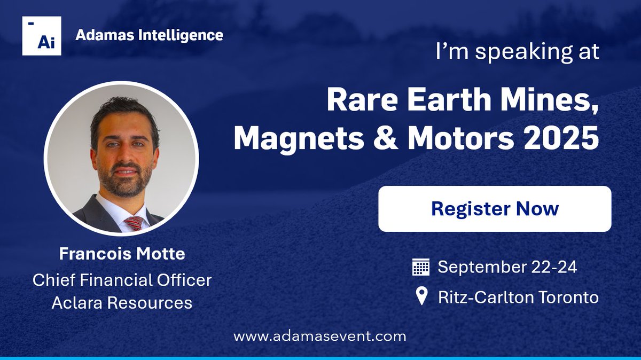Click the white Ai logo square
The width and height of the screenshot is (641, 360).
click(x=42, y=36)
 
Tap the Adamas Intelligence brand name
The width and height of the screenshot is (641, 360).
click(x=149, y=35)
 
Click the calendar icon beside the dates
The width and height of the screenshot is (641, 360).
click(x=421, y=267)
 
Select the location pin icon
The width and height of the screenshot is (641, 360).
click(x=421, y=296)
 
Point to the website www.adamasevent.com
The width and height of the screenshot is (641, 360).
click(x=319, y=336)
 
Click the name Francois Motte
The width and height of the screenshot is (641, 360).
click(x=122, y=254)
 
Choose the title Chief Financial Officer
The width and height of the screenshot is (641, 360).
click(x=122, y=279)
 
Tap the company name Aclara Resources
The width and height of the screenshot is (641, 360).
click(x=122, y=303)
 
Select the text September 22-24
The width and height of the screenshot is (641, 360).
click(x=507, y=267)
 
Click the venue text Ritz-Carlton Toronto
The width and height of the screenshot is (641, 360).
click(x=518, y=297)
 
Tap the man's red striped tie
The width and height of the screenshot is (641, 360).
click(x=133, y=223)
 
